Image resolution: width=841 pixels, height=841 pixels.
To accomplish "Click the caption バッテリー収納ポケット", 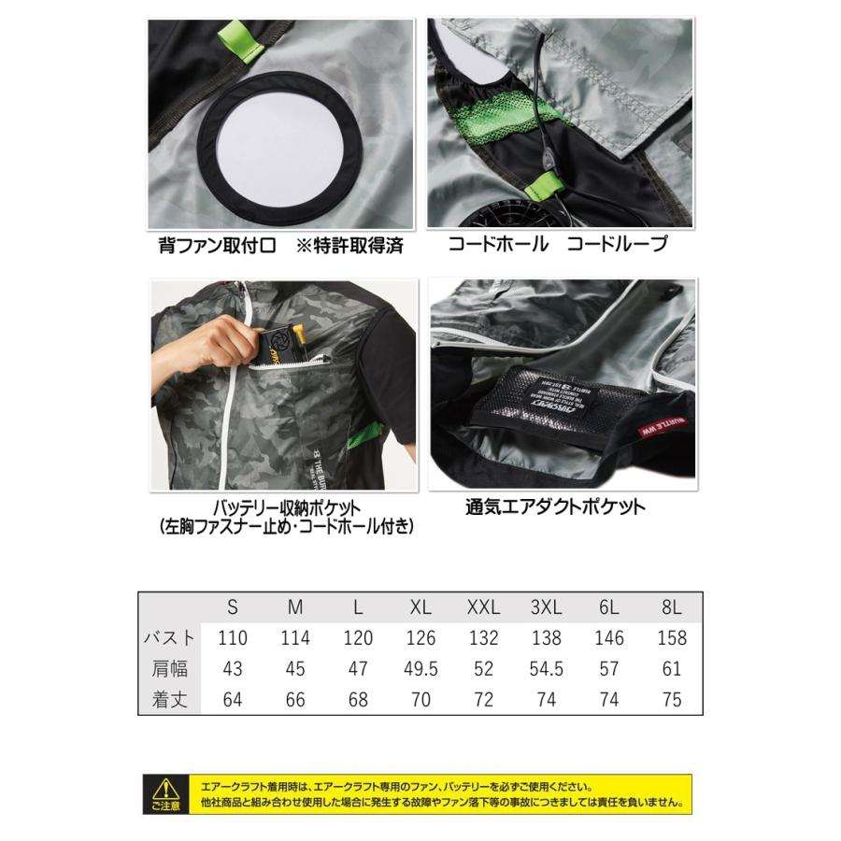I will pyautogui.click(x=280, y=508).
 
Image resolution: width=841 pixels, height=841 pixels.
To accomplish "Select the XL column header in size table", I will pyautogui.click(x=420, y=607).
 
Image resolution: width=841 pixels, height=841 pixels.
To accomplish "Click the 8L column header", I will pyautogui.click(x=671, y=607).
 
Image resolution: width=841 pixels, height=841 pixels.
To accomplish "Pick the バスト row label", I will pyautogui.click(x=168, y=638).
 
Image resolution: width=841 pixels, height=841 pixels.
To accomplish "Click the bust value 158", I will pyautogui.click(x=671, y=638).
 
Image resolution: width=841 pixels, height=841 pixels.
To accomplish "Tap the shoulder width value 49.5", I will pyautogui.click(x=420, y=669).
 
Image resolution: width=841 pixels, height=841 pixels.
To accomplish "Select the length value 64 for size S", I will pyautogui.click(x=233, y=700).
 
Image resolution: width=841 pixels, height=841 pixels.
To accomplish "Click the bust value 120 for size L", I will pyautogui.click(x=358, y=638).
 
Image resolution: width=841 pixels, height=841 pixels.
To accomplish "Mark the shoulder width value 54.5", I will pyautogui.click(x=546, y=669).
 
